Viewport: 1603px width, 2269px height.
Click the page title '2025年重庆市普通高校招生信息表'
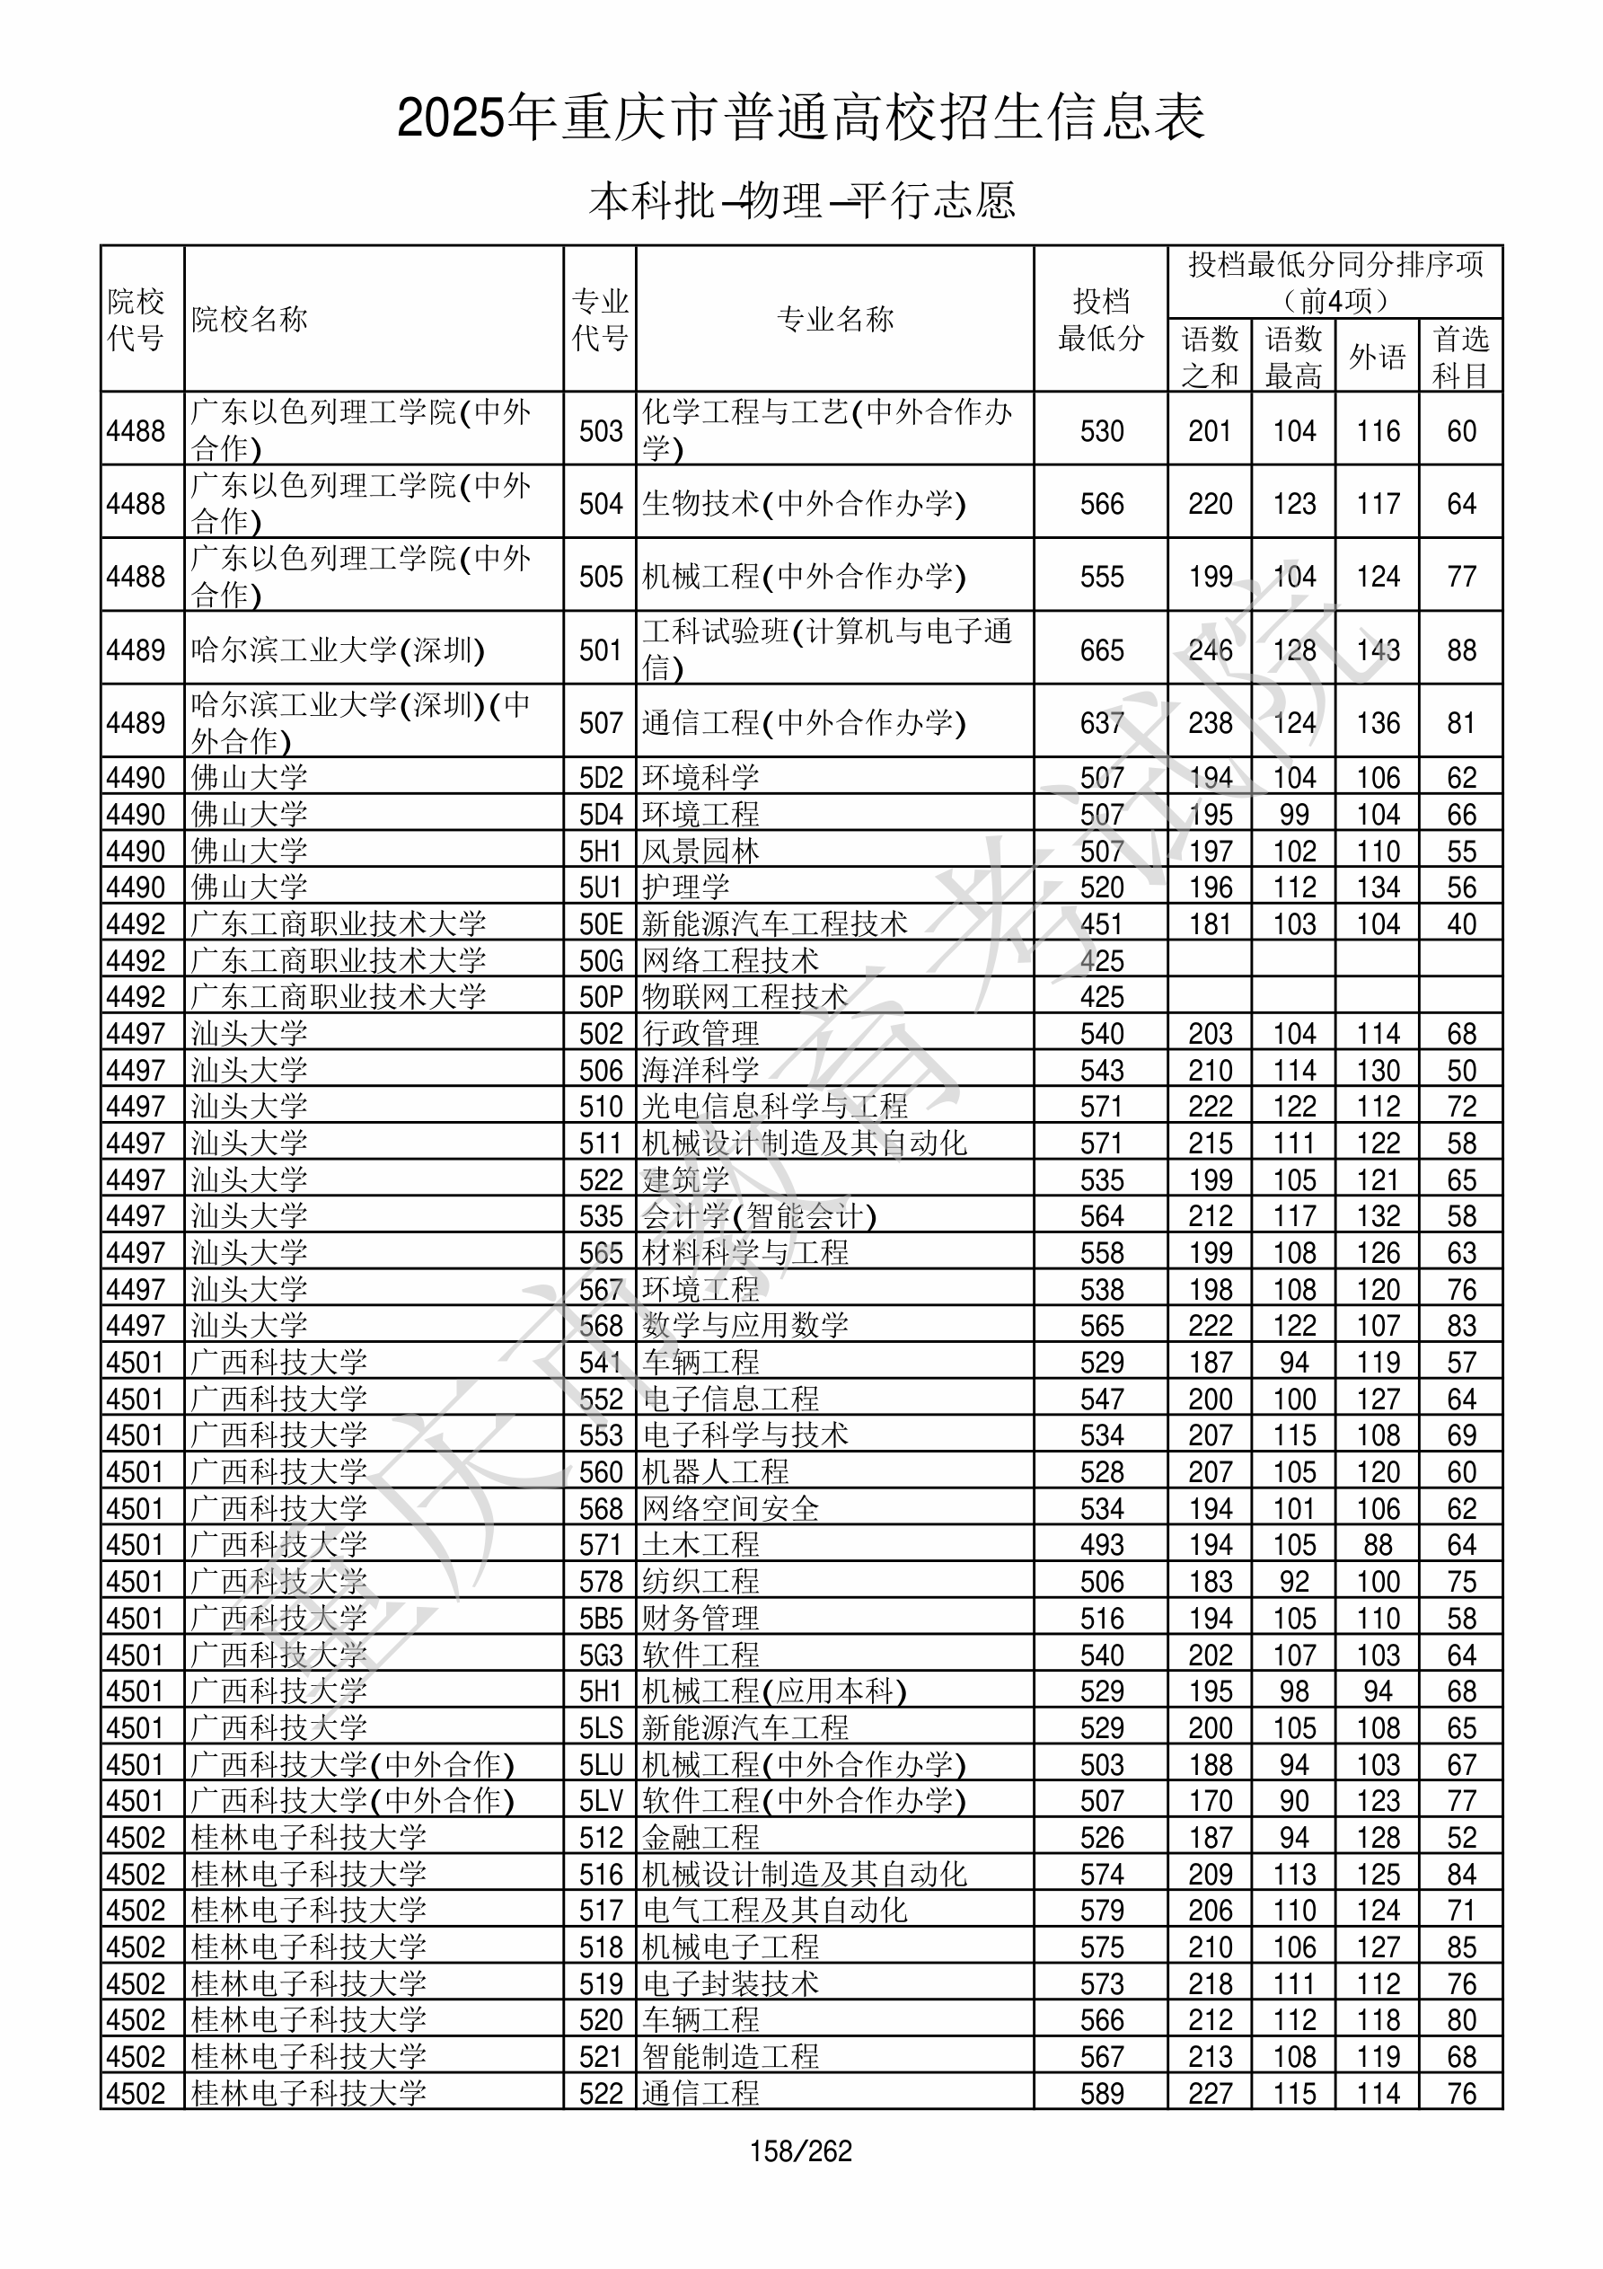[x=800, y=119]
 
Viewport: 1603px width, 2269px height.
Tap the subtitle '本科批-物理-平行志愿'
[x=800, y=200]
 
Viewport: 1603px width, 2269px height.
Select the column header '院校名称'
[x=249, y=319]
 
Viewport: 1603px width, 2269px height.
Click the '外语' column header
[x=1377, y=356]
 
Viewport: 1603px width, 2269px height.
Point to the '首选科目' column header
[x=1461, y=356]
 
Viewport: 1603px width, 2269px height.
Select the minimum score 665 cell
[x=1101, y=650]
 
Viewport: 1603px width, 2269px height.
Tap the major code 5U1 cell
[x=601, y=887]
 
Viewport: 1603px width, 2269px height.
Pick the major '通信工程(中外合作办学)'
[x=804, y=722]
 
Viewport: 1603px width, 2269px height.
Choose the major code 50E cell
[x=601, y=924]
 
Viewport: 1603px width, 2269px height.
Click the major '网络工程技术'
[x=730, y=960]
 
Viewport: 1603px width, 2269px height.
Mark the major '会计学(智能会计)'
[x=759, y=1215]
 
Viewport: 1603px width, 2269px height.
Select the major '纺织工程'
[x=700, y=1581]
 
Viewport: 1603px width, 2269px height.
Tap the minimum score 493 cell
[x=1101, y=1545]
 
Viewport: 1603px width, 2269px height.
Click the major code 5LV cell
[x=601, y=1801]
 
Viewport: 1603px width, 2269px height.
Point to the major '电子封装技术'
[x=730, y=1983]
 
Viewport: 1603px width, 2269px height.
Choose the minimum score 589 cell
[x=1101, y=2093]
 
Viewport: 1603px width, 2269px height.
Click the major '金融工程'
[x=700, y=1837]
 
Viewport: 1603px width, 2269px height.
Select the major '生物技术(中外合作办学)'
[x=804, y=504]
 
